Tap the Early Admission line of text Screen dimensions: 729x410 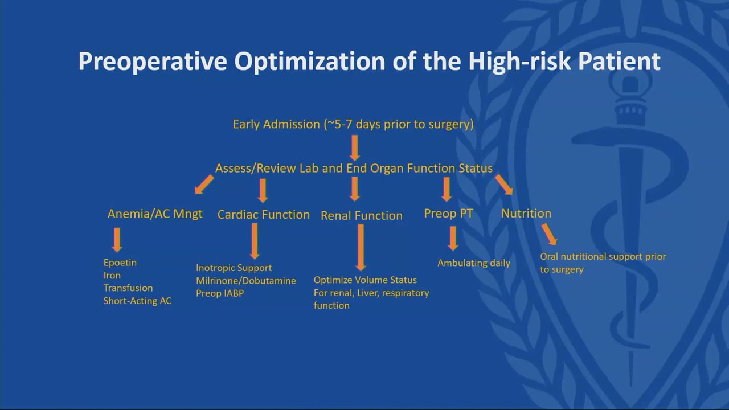coord(353,124)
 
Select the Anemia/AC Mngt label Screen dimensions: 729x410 coord(155,214)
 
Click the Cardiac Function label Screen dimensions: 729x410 coord(264,215)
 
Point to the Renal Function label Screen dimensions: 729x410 coord(362,215)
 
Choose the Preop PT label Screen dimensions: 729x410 coord(448,214)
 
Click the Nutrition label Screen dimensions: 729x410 coord(526,214)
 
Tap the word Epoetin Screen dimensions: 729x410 coord(120,263)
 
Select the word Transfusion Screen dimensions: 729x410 coord(128,288)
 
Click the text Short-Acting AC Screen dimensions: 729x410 coord(137,301)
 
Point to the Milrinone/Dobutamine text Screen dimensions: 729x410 coord(245,281)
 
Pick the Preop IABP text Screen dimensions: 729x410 coord(220,293)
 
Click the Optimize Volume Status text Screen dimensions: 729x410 coord(365,280)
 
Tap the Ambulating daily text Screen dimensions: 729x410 coord(474,263)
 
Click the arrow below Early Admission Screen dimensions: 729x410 coord(355,148)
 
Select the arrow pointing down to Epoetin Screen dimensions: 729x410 coord(117,240)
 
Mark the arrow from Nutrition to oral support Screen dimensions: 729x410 coord(550,234)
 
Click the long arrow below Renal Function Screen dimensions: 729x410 coord(361,248)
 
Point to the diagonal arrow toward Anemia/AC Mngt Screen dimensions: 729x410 coord(204,184)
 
